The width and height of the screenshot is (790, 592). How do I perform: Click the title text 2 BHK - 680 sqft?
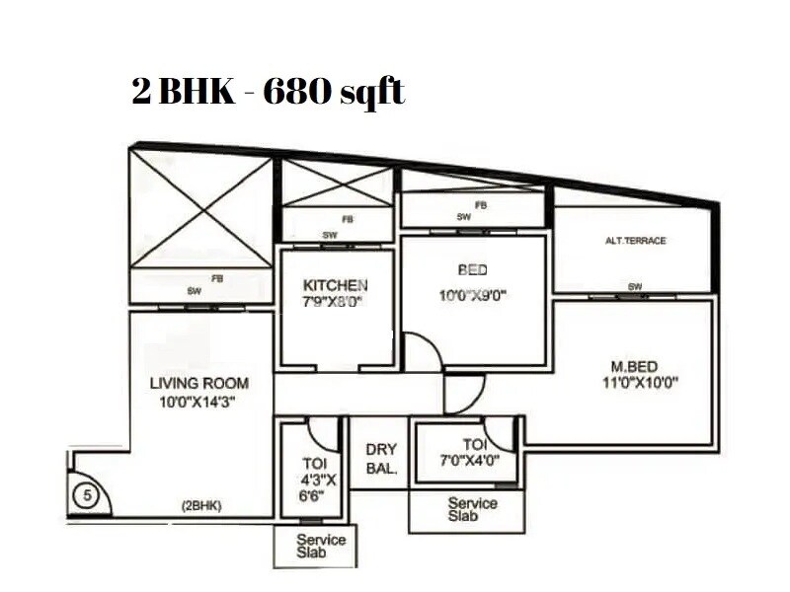coord(269,93)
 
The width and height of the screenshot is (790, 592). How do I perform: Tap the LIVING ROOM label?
coord(198,383)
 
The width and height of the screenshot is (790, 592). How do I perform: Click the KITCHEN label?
coord(335,285)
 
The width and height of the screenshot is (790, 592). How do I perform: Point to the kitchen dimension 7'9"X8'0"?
coord(334,303)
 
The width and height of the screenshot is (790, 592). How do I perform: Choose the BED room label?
coord(472,269)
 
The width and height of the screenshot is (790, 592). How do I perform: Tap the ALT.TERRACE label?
coord(635,241)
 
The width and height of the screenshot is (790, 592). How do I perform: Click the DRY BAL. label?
coord(381,459)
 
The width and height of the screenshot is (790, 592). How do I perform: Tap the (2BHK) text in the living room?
coord(200,506)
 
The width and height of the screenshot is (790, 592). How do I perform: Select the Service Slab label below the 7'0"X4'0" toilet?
coord(473,509)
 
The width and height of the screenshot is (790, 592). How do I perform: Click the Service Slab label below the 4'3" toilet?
coord(321,546)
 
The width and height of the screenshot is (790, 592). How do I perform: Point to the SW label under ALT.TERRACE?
coord(635,287)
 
